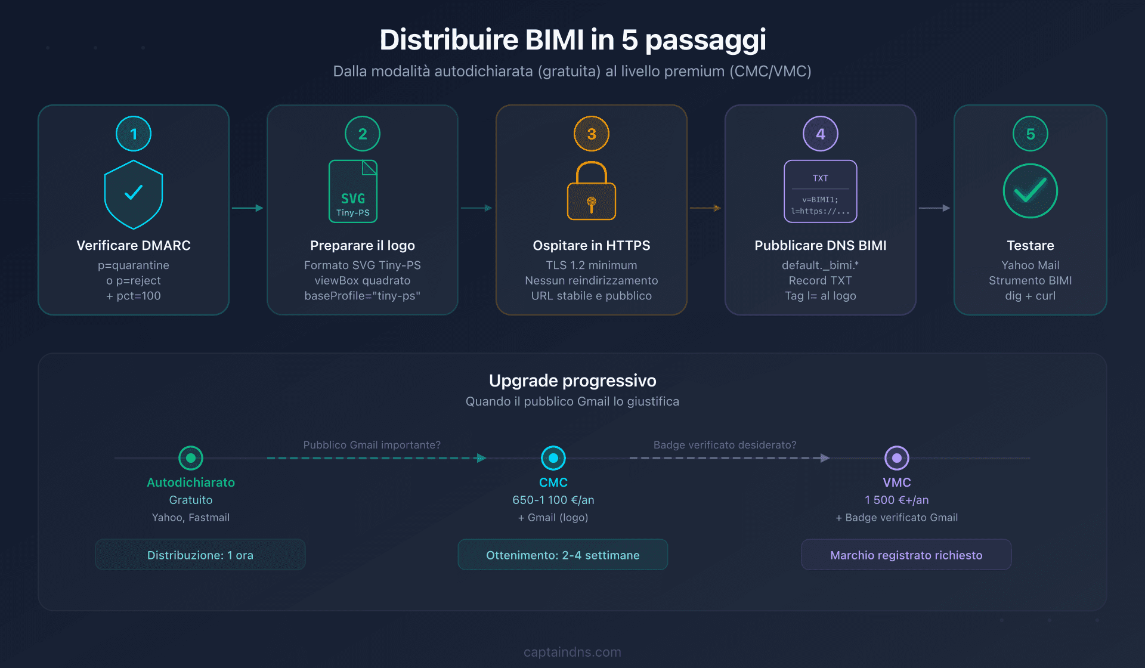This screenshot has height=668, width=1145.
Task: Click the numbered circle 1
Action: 134,134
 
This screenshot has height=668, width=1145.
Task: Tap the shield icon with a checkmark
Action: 134,194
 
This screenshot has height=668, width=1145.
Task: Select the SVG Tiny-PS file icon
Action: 353,191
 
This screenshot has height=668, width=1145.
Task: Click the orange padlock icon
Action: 592,191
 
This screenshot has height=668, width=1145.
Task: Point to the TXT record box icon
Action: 821,191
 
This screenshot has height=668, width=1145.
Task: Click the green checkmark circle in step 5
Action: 1030,191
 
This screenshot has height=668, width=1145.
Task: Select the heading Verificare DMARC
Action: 134,245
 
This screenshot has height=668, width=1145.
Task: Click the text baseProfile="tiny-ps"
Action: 363,296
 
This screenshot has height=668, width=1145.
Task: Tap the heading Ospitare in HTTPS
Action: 592,245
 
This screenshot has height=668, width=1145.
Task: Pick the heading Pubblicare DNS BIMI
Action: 821,245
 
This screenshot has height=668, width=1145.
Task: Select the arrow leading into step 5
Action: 934,208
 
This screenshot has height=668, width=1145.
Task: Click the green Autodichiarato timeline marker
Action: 191,458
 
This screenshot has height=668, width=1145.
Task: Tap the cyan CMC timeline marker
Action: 553,458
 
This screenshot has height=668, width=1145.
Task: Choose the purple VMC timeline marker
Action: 897,458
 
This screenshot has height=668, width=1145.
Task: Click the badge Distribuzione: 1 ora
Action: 200,555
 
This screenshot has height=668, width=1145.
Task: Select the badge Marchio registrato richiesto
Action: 906,555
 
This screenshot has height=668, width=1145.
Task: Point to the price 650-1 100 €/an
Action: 553,500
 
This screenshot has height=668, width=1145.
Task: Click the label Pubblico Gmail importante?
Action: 372,445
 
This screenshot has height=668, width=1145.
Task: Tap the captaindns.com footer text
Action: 572,652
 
